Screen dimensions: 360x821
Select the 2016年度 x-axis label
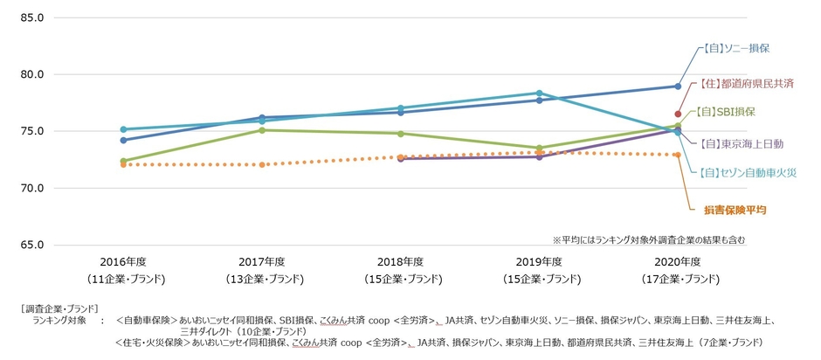point(124,261)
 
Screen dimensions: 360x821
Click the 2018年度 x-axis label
point(400,261)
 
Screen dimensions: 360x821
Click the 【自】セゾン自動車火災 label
point(747,173)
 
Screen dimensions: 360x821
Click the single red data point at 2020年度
point(677,114)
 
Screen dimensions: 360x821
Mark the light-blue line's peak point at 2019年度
point(539,93)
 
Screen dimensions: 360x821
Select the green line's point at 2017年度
point(262,130)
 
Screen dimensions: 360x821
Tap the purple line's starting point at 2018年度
point(401,159)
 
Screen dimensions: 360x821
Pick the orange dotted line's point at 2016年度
point(124,164)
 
